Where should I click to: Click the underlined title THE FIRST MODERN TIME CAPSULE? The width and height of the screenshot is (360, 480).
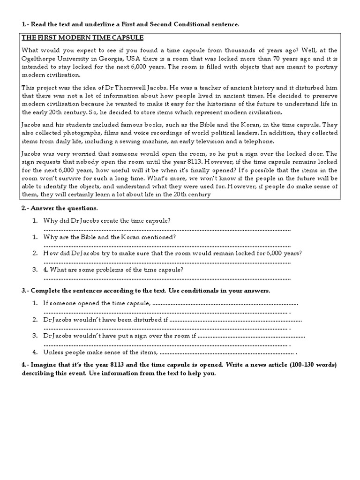[83, 37]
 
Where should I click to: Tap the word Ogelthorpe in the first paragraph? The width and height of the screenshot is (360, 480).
[38, 59]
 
